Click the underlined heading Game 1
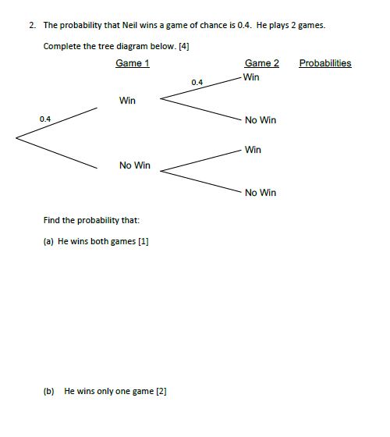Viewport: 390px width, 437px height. [133, 63]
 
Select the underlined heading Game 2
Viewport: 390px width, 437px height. [261, 63]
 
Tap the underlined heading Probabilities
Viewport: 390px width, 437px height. [324, 63]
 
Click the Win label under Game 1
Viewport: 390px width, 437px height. [127, 101]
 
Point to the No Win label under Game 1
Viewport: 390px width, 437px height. [135, 165]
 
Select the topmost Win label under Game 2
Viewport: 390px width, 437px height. [251, 77]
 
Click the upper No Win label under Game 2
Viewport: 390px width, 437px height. [260, 120]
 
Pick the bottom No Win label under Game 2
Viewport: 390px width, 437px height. [260, 193]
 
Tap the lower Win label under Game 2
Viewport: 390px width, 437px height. [253, 150]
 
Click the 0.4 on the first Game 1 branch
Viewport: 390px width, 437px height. [44, 119]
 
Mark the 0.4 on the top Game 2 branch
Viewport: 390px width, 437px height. [197, 82]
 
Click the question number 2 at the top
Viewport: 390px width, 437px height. [31, 25]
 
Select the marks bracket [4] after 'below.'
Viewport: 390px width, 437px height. [184, 46]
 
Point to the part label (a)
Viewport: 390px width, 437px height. [48, 241]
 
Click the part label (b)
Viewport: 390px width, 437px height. [48, 391]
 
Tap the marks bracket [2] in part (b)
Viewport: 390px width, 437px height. [161, 391]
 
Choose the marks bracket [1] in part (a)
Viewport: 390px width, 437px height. [143, 241]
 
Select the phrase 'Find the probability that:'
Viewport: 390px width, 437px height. [91, 220]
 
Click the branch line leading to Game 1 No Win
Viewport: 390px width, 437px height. [56, 152]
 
